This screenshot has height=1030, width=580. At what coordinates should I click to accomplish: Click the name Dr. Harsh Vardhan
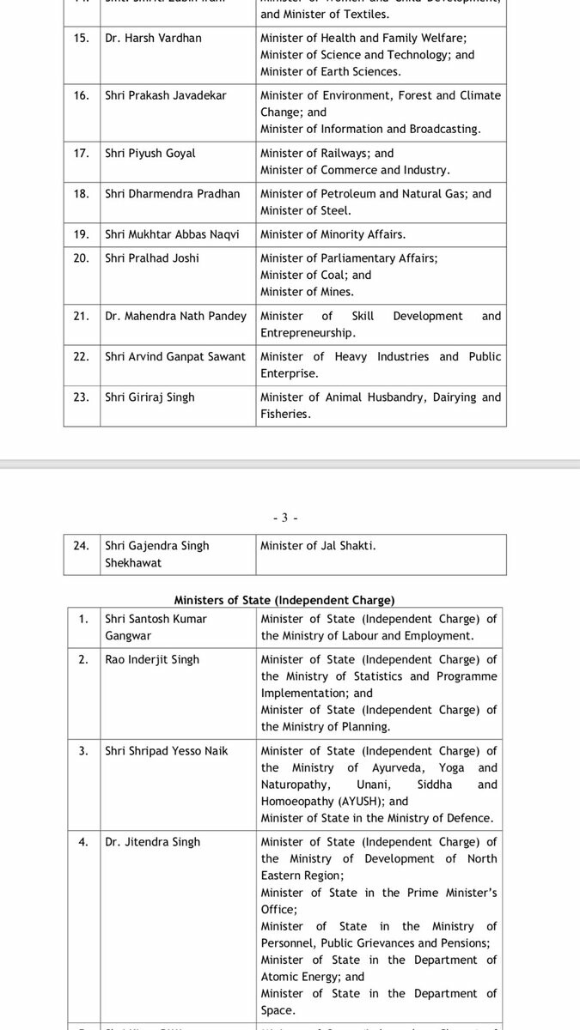point(153,39)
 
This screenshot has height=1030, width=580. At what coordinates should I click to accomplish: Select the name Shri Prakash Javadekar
point(166,95)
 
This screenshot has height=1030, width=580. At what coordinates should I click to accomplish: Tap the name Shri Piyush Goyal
point(150,154)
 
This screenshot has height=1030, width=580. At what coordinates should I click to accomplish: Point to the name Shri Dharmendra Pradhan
point(173,194)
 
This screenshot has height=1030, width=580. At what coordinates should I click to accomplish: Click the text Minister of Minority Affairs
point(333,234)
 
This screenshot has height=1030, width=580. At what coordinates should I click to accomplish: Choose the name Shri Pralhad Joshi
point(152,258)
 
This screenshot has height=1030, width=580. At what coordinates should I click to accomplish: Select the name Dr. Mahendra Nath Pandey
point(175,316)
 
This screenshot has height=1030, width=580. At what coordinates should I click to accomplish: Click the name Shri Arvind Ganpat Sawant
point(175,356)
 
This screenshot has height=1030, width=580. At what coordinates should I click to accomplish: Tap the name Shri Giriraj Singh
point(150,397)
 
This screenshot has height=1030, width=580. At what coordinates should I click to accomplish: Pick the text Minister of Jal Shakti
point(318,546)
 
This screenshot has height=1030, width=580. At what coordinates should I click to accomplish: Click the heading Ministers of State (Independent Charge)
point(284,600)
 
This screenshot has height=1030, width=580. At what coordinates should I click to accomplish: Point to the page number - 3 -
point(284,518)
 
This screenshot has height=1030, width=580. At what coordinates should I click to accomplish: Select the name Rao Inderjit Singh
point(152,659)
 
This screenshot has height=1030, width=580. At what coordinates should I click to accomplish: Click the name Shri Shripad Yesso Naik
point(167,751)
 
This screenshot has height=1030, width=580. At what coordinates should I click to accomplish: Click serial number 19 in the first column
point(82,234)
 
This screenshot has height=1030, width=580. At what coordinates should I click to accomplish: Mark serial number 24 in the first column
point(82,546)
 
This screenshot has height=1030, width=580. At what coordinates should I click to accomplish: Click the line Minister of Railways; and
point(327,154)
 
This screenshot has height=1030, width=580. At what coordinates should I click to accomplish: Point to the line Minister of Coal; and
point(315,275)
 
